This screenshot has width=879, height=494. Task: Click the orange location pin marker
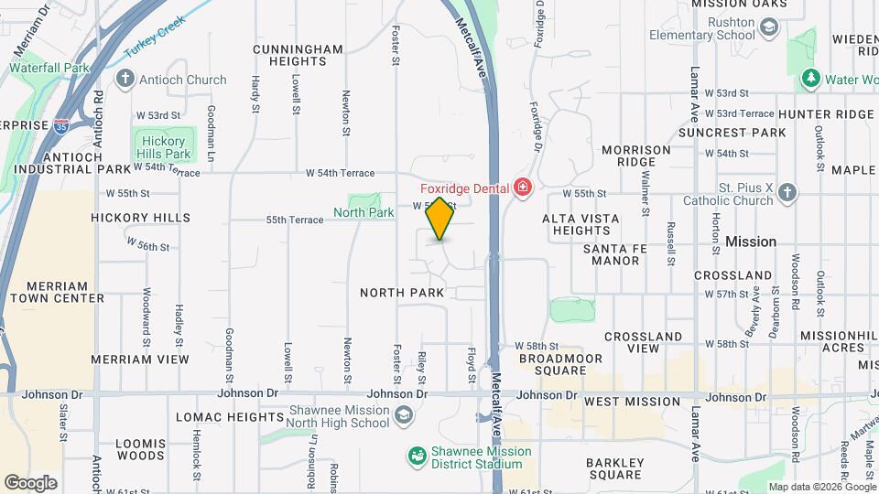pos(439,219)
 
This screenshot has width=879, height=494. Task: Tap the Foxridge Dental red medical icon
pos(523,188)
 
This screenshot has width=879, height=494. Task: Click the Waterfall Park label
pos(49,68)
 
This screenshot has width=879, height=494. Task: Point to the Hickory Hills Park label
pos(162,147)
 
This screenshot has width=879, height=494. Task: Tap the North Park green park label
pos(364,212)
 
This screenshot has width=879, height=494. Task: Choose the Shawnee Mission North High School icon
pos(402,418)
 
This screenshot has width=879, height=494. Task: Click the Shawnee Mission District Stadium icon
pos(417,456)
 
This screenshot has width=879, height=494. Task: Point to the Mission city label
pos(751,242)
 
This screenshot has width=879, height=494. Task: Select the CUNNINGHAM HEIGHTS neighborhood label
pos(285,55)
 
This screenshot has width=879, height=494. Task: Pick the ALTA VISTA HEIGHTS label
pos(581,225)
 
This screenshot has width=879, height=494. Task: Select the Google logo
pos(30,482)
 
